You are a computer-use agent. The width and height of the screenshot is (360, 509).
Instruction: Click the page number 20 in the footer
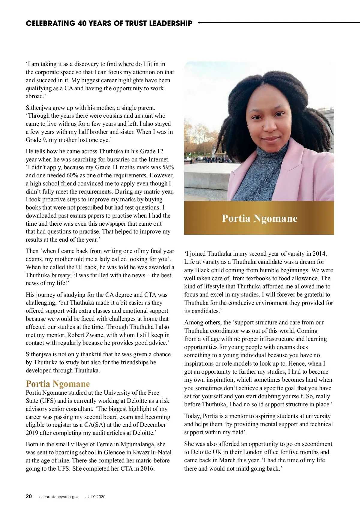pyautogui.click(x=29, y=496)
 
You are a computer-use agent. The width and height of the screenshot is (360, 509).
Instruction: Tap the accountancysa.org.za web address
pyautogui.click(x=59, y=497)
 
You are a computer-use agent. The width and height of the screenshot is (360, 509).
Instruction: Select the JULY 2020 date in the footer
pyautogui.click(x=95, y=497)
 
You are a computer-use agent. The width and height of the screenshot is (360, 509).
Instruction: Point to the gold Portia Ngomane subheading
pyautogui.click(x=58, y=384)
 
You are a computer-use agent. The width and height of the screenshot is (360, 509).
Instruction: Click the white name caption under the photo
pyautogui.click(x=259, y=218)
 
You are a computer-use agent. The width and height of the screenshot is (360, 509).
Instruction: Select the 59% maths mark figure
pyautogui.click(x=168, y=167)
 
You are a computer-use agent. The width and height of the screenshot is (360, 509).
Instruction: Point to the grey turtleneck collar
pyautogui.click(x=264, y=156)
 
